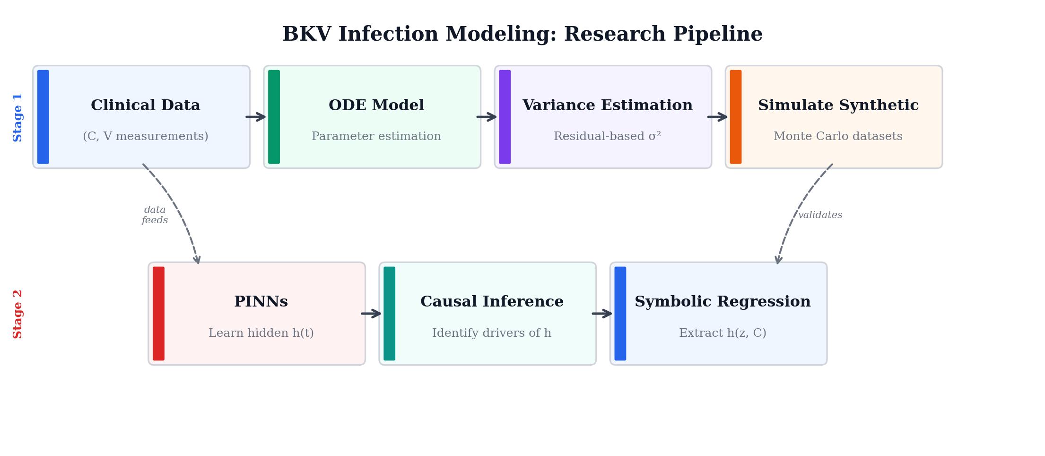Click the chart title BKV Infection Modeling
click(x=522, y=35)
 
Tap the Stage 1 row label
click(x=18, y=117)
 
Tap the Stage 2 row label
click(x=18, y=314)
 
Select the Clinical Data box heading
click(x=146, y=105)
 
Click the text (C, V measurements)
click(x=146, y=137)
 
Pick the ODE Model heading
click(x=376, y=105)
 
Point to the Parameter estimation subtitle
click(x=376, y=137)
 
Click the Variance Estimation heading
click(x=607, y=105)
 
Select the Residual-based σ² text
click(x=607, y=137)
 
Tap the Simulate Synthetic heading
click(x=838, y=105)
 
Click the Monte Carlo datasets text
click(x=838, y=137)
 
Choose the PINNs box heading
click(x=261, y=302)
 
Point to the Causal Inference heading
click(x=492, y=302)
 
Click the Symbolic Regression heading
click(x=723, y=302)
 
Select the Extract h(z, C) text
click(x=723, y=333)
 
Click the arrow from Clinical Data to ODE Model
click(x=256, y=117)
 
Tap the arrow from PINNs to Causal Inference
click(x=371, y=314)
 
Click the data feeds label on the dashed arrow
click(x=155, y=215)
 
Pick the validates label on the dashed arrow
click(x=820, y=215)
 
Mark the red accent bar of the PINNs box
click(x=158, y=314)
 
